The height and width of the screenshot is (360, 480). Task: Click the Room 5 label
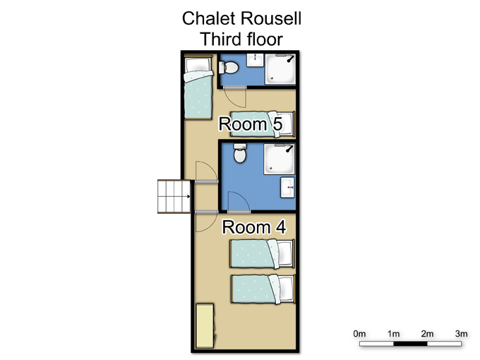click(251, 124)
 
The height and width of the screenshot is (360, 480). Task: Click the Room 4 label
click(254, 227)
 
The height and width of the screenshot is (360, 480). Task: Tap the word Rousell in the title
click(271, 18)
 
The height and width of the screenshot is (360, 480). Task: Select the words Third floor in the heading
click(241, 40)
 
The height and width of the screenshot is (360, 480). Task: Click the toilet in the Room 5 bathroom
click(228, 67)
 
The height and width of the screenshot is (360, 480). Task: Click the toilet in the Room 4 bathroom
click(240, 153)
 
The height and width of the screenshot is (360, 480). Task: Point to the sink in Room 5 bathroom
click(255, 60)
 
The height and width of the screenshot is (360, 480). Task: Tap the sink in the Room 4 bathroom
click(287, 187)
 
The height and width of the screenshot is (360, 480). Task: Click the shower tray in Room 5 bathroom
click(280, 69)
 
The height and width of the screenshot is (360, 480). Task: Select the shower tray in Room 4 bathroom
click(280, 159)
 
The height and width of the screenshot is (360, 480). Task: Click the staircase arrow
click(188, 196)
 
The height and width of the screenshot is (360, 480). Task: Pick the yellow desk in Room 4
click(205, 325)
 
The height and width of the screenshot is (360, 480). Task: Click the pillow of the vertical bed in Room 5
click(198, 64)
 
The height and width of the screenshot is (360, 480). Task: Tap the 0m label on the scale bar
click(359, 333)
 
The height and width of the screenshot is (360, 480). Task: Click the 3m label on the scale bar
click(462, 333)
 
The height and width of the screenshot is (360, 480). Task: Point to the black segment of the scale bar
click(410, 344)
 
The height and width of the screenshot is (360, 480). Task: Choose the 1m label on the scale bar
click(393, 333)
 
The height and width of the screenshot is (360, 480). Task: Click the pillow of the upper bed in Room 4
click(284, 253)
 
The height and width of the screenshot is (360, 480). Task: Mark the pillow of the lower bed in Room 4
click(286, 289)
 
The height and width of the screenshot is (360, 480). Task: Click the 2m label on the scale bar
click(427, 333)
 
